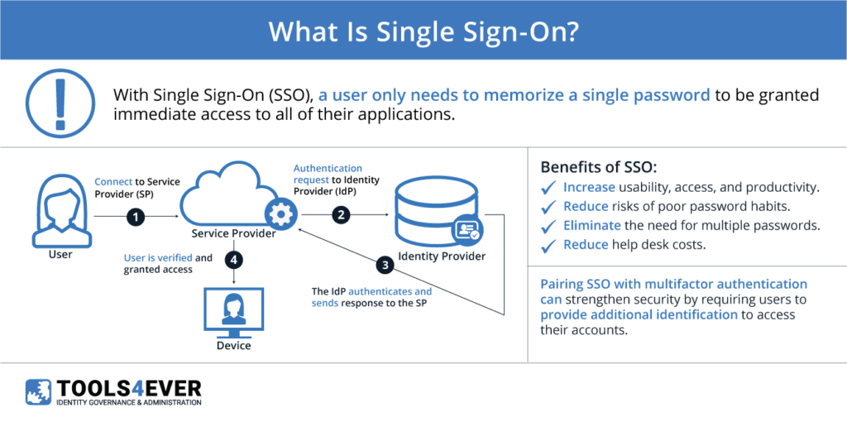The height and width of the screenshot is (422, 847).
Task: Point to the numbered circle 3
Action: tap(384, 265)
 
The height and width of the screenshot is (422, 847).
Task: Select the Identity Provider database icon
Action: tap(435, 212)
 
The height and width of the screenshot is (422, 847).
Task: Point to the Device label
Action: tap(233, 345)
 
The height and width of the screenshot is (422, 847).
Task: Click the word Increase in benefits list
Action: tap(589, 188)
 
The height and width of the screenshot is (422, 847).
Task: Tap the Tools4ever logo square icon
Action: tap(39, 392)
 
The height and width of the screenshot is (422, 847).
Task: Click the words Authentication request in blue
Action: tap(328, 174)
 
